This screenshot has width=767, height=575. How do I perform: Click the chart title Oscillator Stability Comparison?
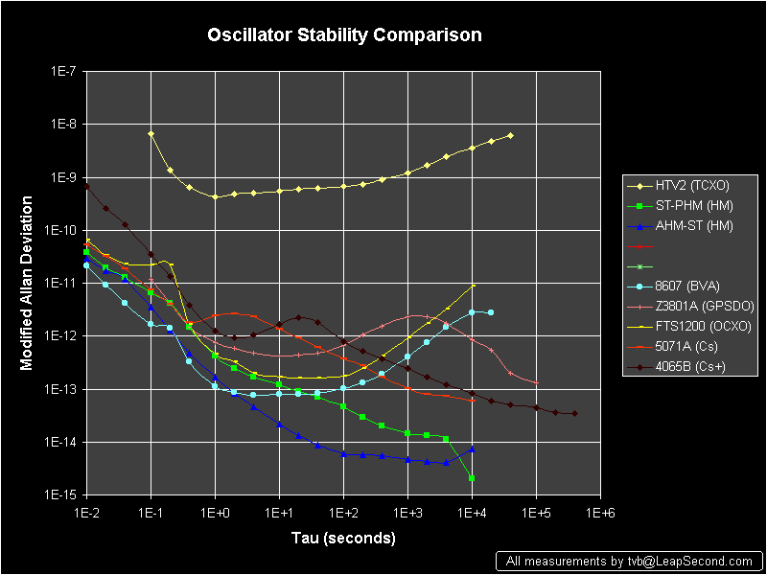click(345, 35)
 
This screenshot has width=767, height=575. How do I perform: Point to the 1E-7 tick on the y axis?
click(65, 72)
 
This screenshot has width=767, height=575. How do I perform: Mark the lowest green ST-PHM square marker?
click(472, 477)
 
